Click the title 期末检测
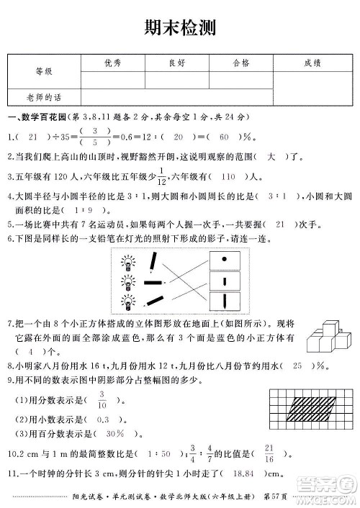(179, 28)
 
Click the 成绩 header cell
(312, 63)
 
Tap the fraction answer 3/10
(102, 397)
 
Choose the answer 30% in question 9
(114, 434)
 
